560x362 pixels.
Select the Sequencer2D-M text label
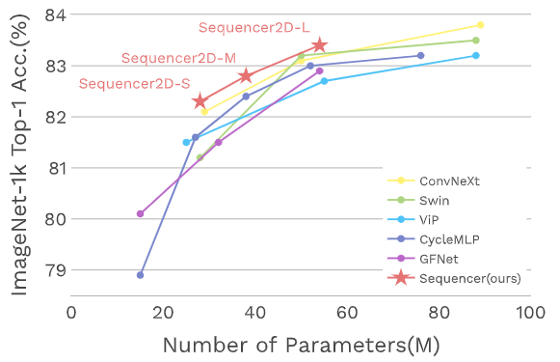178,58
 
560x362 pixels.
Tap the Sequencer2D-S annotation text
134,84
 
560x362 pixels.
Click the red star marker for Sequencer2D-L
319,45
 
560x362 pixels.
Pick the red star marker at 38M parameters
246,76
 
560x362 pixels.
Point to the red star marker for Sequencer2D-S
200,100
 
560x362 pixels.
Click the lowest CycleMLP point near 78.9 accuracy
140,275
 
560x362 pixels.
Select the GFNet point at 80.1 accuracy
140,213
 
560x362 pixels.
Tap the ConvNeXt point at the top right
507,25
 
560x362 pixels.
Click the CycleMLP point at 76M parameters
420,55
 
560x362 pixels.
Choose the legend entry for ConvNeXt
447,181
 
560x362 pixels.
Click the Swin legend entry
435,200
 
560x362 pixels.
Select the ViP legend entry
431,219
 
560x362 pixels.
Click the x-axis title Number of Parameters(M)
300,345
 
